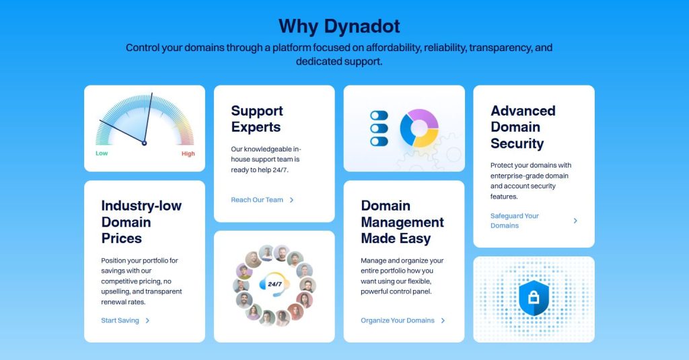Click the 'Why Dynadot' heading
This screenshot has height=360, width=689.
339,26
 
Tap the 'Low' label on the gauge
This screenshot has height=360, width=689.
102,153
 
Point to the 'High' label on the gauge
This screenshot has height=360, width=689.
188,153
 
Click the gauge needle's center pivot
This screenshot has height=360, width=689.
144,143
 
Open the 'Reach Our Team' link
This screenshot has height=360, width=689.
257,200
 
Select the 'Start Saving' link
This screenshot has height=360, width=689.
120,320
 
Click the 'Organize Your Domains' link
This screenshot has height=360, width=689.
398,320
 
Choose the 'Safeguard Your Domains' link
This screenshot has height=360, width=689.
515,221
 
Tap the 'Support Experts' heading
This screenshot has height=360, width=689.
256,119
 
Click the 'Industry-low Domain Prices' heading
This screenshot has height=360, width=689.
141,222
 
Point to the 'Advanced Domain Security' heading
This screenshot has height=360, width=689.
523,127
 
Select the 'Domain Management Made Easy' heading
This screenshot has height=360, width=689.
402,222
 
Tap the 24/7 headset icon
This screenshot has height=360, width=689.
275,285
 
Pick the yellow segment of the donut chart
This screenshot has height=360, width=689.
427,140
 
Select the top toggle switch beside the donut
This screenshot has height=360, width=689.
379,116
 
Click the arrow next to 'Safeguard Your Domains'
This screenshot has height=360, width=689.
575,221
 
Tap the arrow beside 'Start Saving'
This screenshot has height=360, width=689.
147,320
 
